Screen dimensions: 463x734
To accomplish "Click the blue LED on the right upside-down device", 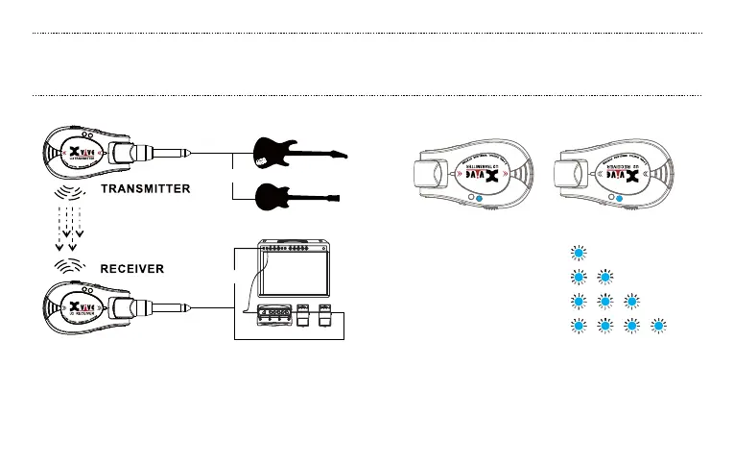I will [620, 198].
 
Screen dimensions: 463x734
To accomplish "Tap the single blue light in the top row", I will [577, 254].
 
